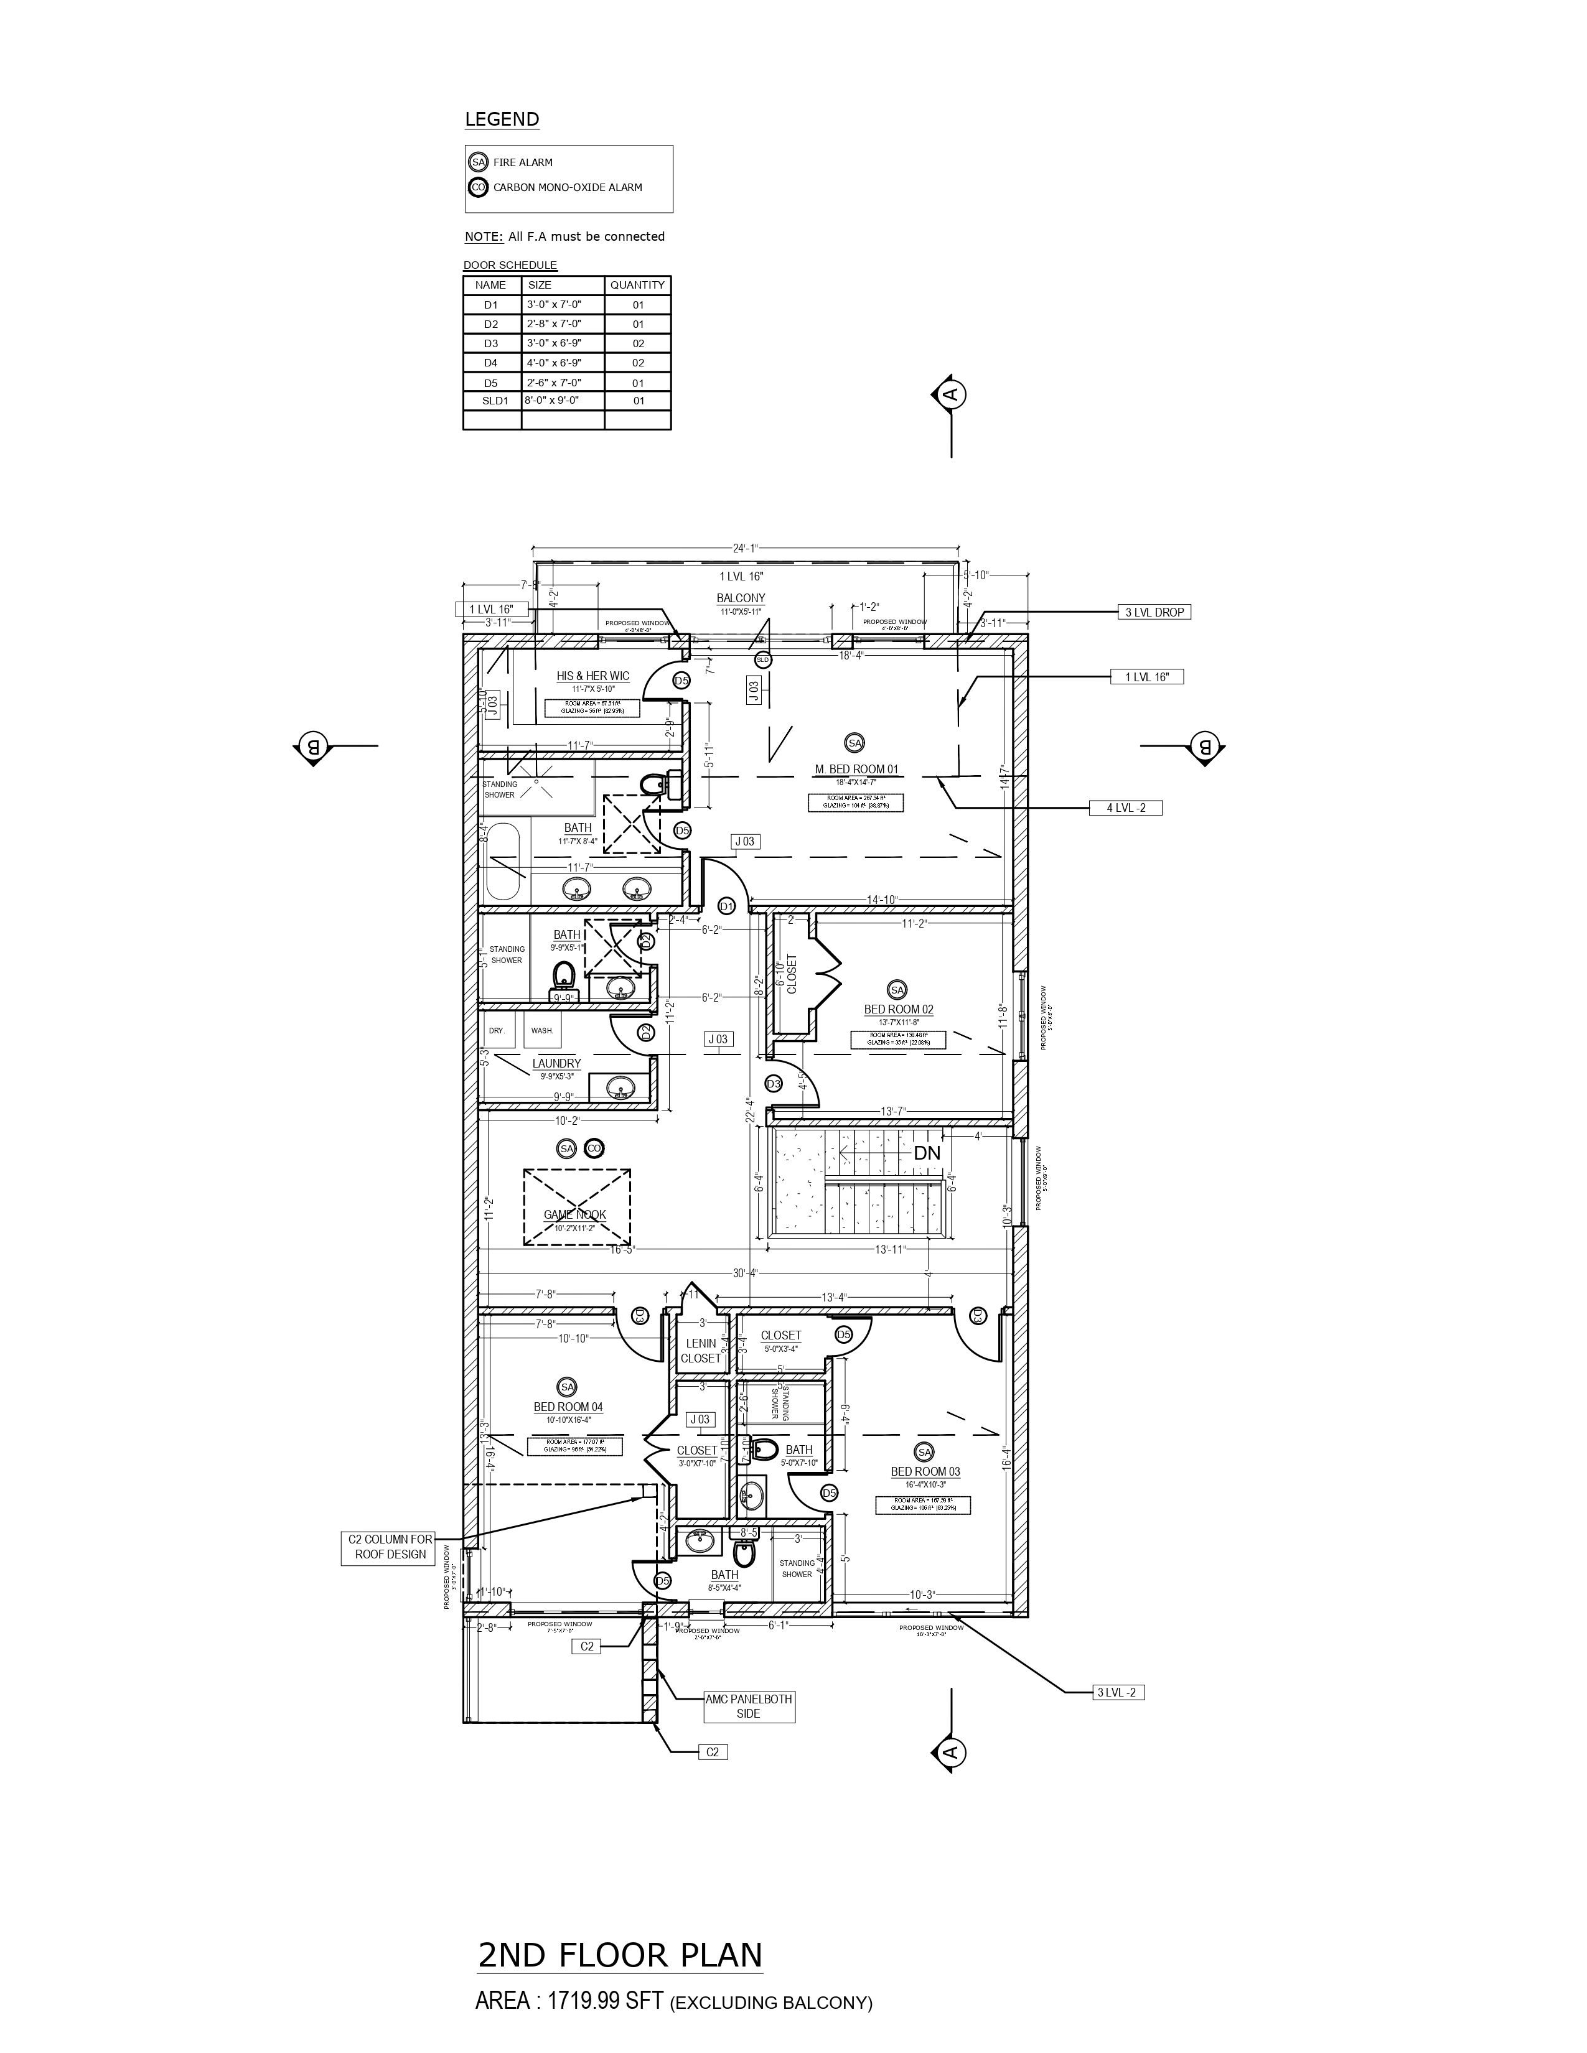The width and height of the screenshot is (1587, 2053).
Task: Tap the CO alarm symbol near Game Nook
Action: (x=593, y=1148)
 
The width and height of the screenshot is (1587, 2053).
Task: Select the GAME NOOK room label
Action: (x=574, y=1214)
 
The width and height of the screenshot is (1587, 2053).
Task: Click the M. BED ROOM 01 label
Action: (x=856, y=769)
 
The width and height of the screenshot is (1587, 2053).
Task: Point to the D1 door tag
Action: (x=726, y=905)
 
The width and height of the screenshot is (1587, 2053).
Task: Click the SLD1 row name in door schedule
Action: (x=495, y=401)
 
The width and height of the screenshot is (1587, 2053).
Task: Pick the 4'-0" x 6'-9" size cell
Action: (x=554, y=362)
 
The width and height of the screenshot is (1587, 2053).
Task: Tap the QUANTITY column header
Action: (x=637, y=285)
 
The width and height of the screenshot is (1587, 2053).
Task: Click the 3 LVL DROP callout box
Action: (x=1154, y=612)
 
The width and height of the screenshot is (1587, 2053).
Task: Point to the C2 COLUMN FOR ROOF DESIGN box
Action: (x=390, y=1547)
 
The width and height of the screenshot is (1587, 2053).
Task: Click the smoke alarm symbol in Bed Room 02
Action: (x=897, y=990)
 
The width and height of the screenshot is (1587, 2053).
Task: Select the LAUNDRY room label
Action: (x=556, y=1063)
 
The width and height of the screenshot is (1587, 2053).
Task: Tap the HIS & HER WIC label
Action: (x=592, y=676)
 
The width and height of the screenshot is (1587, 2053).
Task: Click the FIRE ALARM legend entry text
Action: (x=523, y=162)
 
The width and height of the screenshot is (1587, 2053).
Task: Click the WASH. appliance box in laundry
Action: (x=543, y=1030)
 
